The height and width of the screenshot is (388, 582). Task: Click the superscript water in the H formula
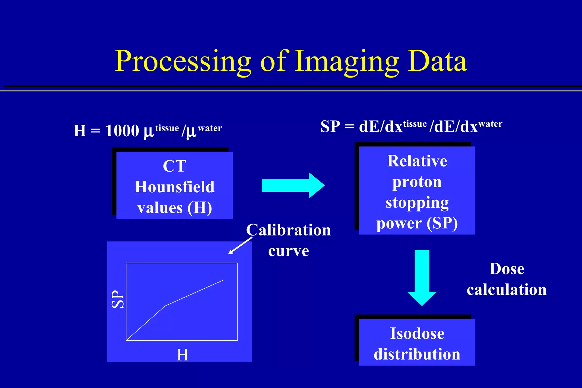(x=210, y=128)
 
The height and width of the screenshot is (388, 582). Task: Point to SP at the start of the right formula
(x=330, y=127)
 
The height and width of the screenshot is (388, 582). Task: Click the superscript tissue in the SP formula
(x=415, y=124)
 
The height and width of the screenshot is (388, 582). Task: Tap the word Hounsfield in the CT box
(x=174, y=187)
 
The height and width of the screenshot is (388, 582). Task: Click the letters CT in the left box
(x=174, y=166)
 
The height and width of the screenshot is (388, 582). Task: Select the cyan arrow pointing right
(x=293, y=185)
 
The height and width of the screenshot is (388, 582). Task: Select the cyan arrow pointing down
(x=422, y=277)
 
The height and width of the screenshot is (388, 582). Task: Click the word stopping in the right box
(x=417, y=203)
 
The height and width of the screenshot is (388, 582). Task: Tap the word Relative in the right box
(x=417, y=161)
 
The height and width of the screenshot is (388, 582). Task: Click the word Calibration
(x=288, y=230)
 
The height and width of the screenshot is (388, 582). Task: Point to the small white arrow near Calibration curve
(x=240, y=246)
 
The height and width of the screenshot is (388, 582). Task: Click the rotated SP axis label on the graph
(x=118, y=299)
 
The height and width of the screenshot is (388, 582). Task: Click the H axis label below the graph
(x=182, y=355)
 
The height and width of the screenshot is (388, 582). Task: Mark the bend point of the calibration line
(x=165, y=306)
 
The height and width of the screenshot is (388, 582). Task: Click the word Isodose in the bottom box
(x=417, y=333)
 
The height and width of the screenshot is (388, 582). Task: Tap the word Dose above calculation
(x=507, y=269)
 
